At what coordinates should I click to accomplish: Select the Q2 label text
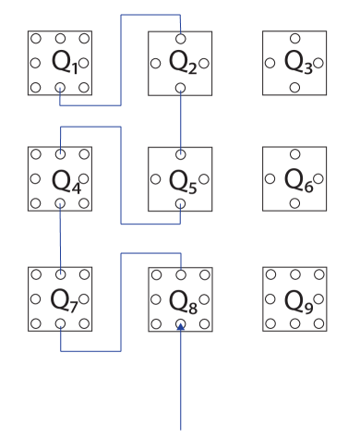[181, 63]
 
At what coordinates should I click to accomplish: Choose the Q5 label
[181, 179]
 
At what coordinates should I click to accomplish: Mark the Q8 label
[181, 299]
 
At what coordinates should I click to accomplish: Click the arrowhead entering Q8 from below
[181, 326]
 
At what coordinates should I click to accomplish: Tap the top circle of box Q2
[180, 39]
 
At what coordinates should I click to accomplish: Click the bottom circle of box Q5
[180, 203]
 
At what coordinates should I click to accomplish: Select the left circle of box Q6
[270, 178]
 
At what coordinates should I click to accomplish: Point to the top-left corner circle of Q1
[36, 39]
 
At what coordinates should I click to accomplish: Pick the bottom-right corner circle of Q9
[318, 323]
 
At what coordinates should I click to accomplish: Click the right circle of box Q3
[318, 63]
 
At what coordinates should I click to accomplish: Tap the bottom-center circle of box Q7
[60, 323]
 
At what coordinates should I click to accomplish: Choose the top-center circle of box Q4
[60, 154]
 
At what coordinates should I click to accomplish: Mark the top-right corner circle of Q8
[204, 274]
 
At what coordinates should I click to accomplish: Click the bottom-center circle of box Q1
[60, 88]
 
